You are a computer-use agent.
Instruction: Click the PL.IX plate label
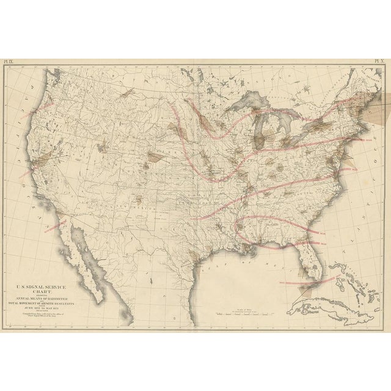tap(10, 62)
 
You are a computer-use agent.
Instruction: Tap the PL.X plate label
tap(381, 62)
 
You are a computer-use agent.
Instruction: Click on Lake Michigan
tap(259, 131)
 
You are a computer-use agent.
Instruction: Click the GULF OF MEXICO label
tap(244, 258)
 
